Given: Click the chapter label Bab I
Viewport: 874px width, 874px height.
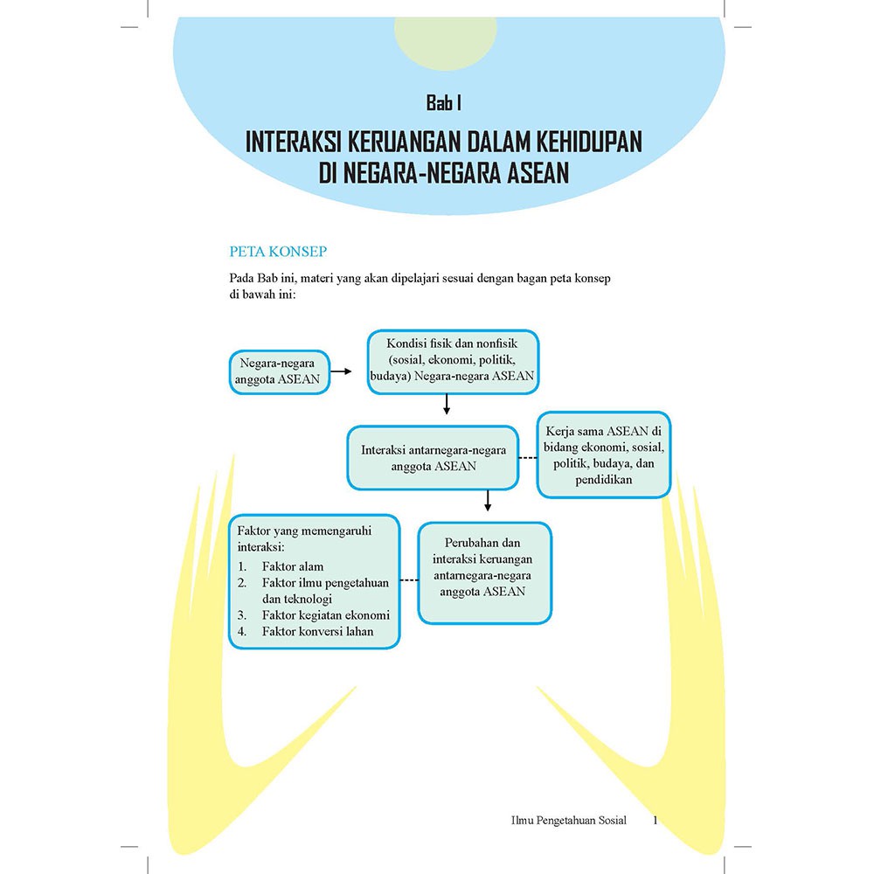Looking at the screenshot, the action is click(444, 103).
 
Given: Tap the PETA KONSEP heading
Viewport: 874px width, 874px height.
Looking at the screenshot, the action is click(278, 252).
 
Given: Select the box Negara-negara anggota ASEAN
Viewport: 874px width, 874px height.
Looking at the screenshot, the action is click(280, 371).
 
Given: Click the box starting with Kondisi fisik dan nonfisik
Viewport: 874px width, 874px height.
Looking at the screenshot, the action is click(453, 362).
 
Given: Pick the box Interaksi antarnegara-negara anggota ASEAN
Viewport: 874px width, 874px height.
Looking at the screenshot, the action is click(434, 458).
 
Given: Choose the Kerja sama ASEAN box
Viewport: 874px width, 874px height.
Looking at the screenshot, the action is click(604, 454).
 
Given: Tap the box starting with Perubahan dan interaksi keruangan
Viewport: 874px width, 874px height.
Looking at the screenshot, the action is click(484, 572).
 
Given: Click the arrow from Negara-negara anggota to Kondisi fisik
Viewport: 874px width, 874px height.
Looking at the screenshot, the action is click(341, 371).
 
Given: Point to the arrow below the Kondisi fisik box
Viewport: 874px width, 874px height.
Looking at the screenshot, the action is click(447, 404).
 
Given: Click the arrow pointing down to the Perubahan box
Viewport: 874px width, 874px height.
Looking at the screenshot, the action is click(488, 501).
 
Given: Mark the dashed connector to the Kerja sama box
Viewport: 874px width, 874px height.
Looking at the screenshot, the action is click(528, 458).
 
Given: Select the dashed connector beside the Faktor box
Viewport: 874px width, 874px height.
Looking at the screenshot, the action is click(409, 580).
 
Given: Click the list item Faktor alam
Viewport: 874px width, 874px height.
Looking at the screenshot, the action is click(293, 567).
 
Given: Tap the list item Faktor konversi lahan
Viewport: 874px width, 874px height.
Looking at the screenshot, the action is click(318, 632).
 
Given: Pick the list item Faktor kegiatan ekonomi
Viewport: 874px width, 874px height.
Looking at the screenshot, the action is click(326, 615).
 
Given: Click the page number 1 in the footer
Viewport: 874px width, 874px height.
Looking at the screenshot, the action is click(655, 820).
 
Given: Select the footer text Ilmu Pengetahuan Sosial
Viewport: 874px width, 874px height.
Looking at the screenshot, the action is click(569, 821).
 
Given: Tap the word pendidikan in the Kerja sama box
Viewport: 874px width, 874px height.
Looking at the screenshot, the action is click(604, 479).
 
